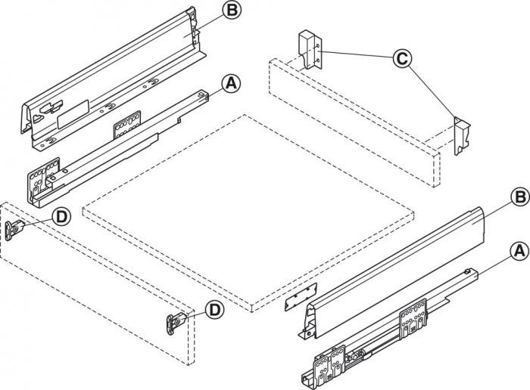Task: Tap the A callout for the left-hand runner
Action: (232, 84)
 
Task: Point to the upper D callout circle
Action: (61, 218)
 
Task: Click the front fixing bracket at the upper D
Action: (14, 228)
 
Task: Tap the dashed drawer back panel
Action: (356, 121)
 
